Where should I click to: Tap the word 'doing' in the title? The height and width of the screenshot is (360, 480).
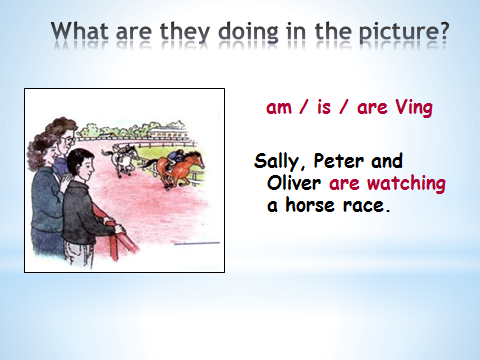(x=248, y=33)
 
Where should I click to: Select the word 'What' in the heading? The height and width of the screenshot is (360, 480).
(x=80, y=31)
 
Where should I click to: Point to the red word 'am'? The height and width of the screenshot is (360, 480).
(x=279, y=108)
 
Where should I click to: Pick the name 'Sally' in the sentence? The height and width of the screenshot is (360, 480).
(x=276, y=162)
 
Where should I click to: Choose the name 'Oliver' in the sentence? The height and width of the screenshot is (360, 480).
(x=294, y=183)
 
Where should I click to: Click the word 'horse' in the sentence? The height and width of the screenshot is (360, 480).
(x=310, y=205)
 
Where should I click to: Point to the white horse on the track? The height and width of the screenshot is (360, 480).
(x=121, y=159)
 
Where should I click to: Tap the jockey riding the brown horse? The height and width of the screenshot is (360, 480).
(x=176, y=158)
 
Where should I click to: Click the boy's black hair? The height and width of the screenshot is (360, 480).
(x=79, y=159)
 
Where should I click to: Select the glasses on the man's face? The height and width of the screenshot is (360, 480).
(x=69, y=140)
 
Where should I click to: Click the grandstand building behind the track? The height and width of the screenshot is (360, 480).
(x=168, y=133)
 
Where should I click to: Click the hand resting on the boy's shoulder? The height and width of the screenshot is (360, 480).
(x=65, y=182)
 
